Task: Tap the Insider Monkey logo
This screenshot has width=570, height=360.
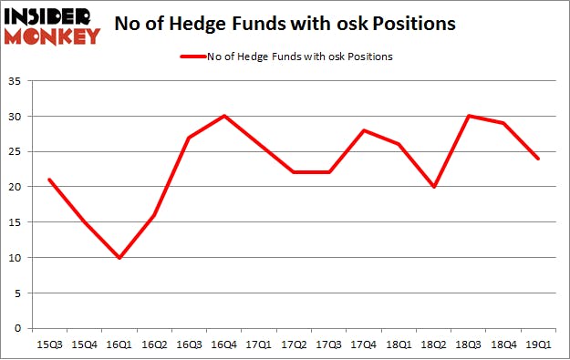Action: [52, 25]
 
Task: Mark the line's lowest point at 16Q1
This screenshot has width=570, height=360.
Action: [119, 258]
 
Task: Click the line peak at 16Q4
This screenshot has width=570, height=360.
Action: [224, 117]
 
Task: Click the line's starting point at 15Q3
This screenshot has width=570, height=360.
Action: [48, 180]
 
